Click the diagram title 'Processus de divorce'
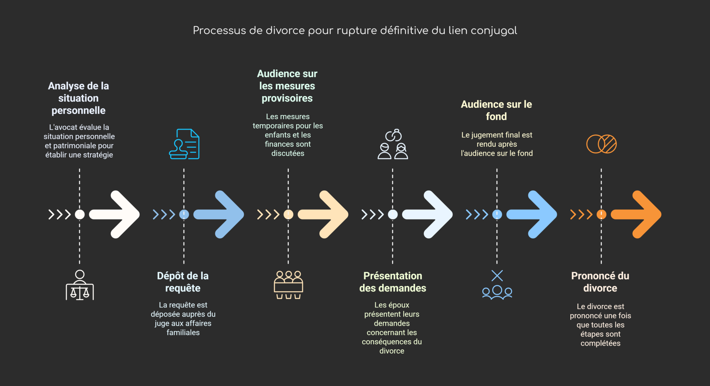[x=355, y=30]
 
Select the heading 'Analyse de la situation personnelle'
[x=78, y=98]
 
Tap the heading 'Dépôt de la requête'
[x=183, y=282]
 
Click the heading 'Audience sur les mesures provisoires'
[x=287, y=86]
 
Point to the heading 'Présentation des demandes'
[x=392, y=282]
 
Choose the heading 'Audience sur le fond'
[x=496, y=110]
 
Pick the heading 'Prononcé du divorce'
[x=600, y=282]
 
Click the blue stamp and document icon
[x=184, y=144]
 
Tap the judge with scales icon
[x=80, y=285]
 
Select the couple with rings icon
[x=393, y=144]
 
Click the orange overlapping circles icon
[x=601, y=144]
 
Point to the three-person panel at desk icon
[x=288, y=285]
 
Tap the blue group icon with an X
[x=497, y=285]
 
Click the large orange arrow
[x=638, y=214]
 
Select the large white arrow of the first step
[x=116, y=214]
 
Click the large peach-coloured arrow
[x=325, y=214]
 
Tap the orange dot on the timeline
[x=601, y=215]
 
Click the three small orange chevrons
[x=581, y=215]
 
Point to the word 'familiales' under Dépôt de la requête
[x=183, y=333]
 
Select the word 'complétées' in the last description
[x=600, y=343]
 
